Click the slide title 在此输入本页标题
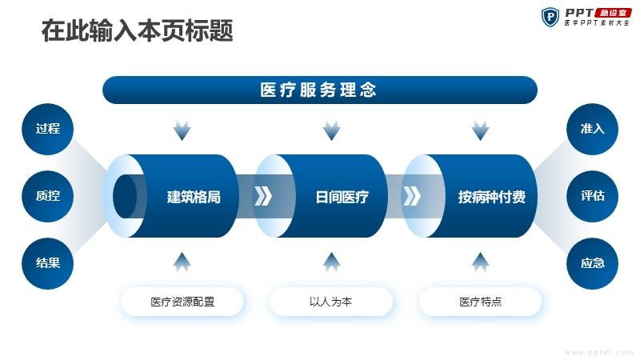[x=137, y=30]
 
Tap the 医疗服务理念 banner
[x=319, y=90]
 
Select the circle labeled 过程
[x=47, y=129]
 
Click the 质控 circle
[x=47, y=196]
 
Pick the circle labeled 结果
[x=47, y=263]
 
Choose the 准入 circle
[x=592, y=129]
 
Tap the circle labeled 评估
[x=592, y=196]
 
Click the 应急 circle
[x=592, y=263]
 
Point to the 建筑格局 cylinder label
[x=194, y=197]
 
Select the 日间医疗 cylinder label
[x=342, y=197]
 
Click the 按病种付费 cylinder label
[x=491, y=197]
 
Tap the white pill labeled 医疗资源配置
[x=182, y=302]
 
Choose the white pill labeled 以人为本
[x=331, y=302]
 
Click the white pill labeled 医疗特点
[x=480, y=302]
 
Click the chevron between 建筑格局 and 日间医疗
[x=263, y=196]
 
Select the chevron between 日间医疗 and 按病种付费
[x=411, y=196]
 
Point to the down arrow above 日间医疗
[x=331, y=130]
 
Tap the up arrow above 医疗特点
[x=481, y=262]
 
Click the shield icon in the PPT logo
[x=550, y=17]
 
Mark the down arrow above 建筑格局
[x=182, y=130]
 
